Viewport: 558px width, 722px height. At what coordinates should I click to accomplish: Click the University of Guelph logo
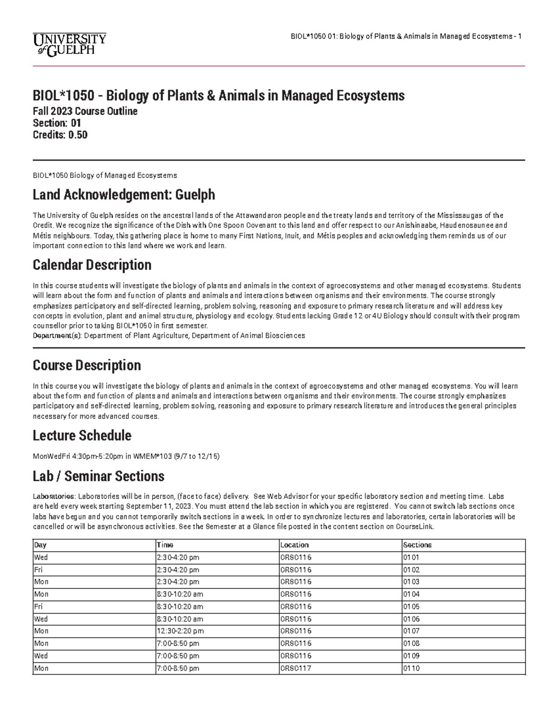point(69,44)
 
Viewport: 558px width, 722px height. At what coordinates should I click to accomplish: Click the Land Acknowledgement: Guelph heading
point(124,194)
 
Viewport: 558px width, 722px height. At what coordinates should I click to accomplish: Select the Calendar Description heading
point(92,265)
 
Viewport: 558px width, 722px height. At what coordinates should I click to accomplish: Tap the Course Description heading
point(86,365)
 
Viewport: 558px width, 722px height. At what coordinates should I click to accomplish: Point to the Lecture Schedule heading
point(82,436)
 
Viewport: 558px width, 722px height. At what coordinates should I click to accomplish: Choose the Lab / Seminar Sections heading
point(98,476)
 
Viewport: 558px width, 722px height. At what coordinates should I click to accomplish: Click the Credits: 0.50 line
point(60,135)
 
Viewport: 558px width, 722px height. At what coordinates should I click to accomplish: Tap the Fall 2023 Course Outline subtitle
point(85,112)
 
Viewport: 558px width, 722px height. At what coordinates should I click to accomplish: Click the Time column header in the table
point(165,545)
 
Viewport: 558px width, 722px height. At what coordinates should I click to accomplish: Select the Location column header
point(294,545)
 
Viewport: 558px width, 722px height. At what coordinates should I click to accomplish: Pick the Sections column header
point(417,545)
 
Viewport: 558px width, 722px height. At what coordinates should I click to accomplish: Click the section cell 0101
point(411,557)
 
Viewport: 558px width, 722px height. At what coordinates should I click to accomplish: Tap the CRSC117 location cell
point(295,669)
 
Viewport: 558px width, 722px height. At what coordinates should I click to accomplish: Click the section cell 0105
point(411,607)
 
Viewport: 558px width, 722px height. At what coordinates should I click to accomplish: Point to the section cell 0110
point(411,669)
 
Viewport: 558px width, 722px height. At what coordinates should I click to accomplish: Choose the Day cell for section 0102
point(38,570)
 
